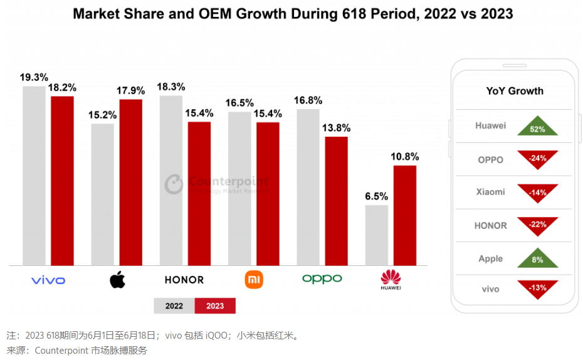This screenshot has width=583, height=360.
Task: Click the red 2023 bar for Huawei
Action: point(405,215)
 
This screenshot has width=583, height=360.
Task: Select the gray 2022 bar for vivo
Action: point(34,176)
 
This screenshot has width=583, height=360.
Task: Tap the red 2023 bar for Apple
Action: point(131,182)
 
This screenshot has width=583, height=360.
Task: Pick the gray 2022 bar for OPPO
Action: point(308,187)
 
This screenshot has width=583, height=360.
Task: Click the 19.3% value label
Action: point(34,78)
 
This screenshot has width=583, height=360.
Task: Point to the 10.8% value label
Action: point(404,157)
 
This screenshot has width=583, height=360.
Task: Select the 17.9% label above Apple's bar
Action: point(130,91)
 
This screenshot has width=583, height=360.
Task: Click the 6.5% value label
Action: point(376,196)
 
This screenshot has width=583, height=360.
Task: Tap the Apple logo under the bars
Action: point(117,280)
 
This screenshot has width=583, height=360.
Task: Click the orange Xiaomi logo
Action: point(254,279)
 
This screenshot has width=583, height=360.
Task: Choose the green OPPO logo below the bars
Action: point(322,278)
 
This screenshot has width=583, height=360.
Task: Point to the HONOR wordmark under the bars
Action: point(184,280)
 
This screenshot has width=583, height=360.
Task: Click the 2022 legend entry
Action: point(174,306)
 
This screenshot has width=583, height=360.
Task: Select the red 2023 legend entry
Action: point(215,306)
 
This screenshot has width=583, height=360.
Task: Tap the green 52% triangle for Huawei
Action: point(537,127)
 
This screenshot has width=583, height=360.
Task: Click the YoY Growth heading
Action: point(515,91)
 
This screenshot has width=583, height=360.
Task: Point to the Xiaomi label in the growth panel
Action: point(490,192)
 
